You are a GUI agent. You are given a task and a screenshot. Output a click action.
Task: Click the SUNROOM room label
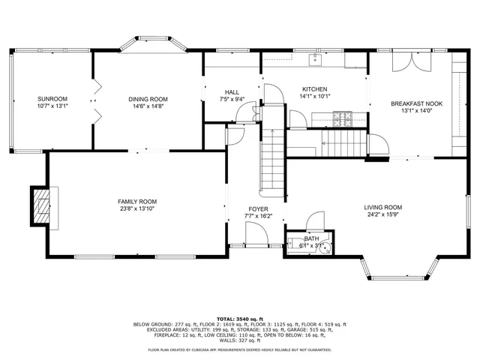52,99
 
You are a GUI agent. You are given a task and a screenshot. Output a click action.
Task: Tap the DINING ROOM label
148,99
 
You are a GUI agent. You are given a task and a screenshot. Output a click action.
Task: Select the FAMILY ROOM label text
136,201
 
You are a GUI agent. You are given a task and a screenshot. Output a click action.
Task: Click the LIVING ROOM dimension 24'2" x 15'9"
383,216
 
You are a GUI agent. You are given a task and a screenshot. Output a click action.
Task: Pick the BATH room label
310,238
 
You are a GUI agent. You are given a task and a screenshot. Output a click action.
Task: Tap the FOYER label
258,208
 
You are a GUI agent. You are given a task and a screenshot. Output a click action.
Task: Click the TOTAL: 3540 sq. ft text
239,318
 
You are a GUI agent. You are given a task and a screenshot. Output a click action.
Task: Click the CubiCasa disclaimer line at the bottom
239,350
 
